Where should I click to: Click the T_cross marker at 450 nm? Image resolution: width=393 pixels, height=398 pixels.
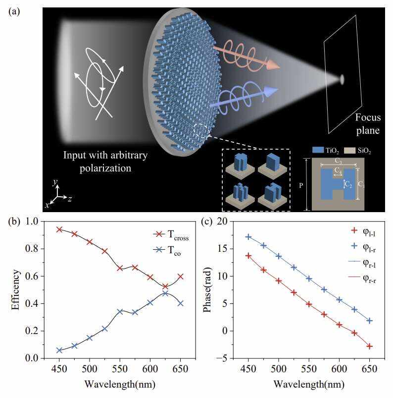click(59, 229)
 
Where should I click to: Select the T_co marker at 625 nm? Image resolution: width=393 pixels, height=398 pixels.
click(165, 293)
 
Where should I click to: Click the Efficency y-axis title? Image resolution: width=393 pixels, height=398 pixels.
click(16, 289)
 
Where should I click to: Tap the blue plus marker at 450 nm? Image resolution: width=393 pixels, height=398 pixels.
click(248, 237)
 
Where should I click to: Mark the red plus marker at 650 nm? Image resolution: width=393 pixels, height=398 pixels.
click(369, 346)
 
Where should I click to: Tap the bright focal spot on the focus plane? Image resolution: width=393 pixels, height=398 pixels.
click(342, 79)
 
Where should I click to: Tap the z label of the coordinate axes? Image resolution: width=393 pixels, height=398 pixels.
click(70, 199)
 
